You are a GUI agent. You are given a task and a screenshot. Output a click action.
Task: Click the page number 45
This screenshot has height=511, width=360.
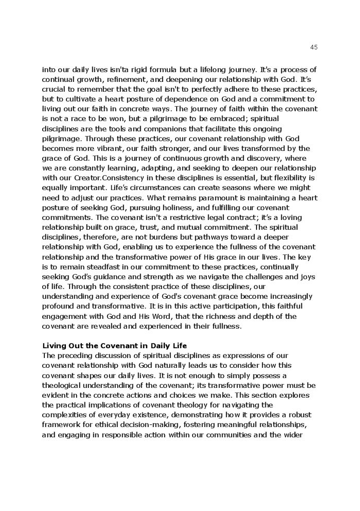pos(314,47)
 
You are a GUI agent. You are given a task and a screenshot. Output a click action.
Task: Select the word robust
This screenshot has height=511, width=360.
pos(300,415)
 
